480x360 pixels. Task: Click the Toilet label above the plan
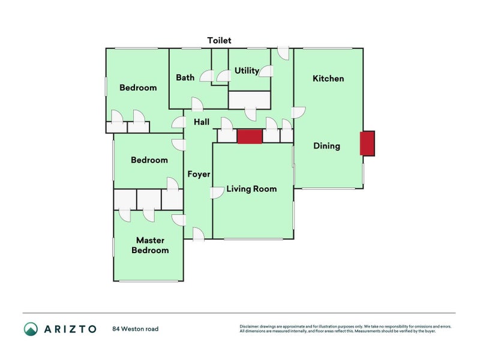[x=219, y=40]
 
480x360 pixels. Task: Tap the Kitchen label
[x=328, y=79]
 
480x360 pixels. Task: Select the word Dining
[x=326, y=146]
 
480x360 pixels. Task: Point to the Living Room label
[x=251, y=189]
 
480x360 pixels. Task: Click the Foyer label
[x=199, y=174]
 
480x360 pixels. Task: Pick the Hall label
[x=202, y=122]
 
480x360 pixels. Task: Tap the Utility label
[x=247, y=71]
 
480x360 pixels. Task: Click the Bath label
[x=185, y=78]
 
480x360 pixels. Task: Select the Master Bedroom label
[x=150, y=245]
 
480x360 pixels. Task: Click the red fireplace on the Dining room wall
[x=367, y=143]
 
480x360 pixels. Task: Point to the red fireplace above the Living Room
[x=250, y=136]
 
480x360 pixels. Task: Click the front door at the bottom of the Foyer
[x=199, y=234]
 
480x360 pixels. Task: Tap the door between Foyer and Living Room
[x=217, y=193]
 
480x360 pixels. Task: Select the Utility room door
[x=266, y=71]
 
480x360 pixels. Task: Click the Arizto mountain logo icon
[x=31, y=329]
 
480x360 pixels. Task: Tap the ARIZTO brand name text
[x=70, y=329]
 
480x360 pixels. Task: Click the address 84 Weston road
[x=136, y=329]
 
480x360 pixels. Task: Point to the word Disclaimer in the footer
[x=249, y=326]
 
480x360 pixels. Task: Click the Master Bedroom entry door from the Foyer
[x=179, y=220]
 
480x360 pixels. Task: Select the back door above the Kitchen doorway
[x=283, y=53]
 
